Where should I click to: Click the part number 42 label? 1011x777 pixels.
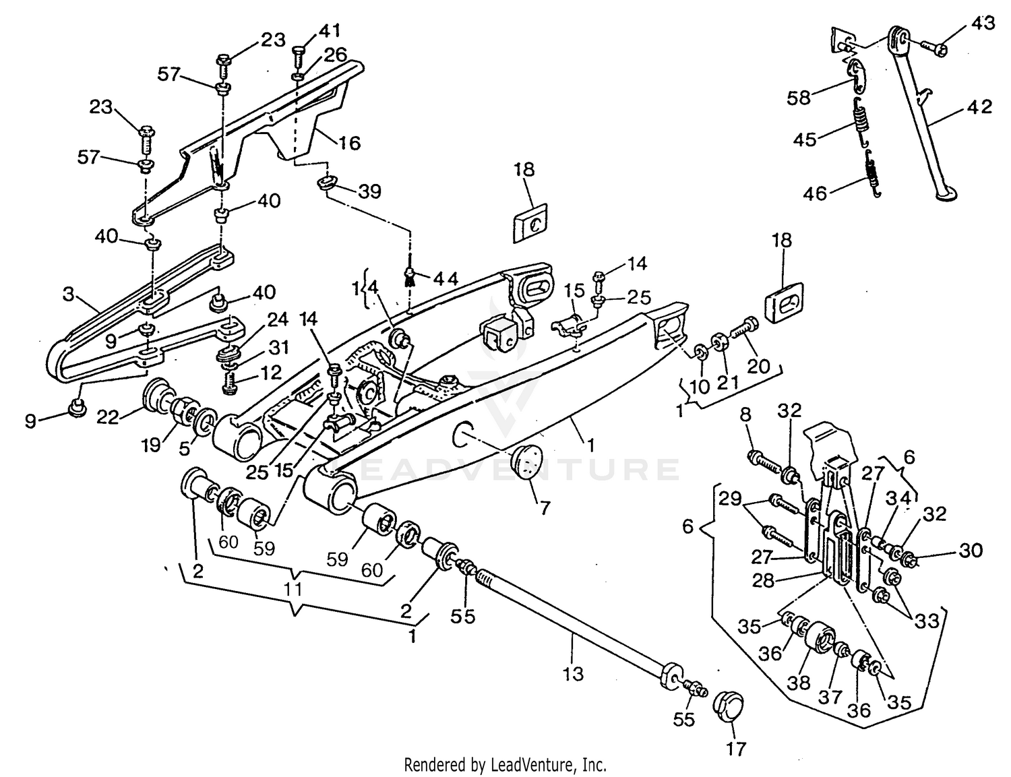[979, 107]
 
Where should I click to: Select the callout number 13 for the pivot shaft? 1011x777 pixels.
[573, 673]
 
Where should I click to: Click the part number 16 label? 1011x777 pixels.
[350, 143]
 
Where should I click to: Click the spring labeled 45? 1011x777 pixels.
[861, 121]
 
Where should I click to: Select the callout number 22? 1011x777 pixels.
[109, 417]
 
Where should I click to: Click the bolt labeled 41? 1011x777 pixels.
[300, 51]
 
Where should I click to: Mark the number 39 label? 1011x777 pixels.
[369, 191]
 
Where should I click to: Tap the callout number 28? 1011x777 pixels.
[764, 580]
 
